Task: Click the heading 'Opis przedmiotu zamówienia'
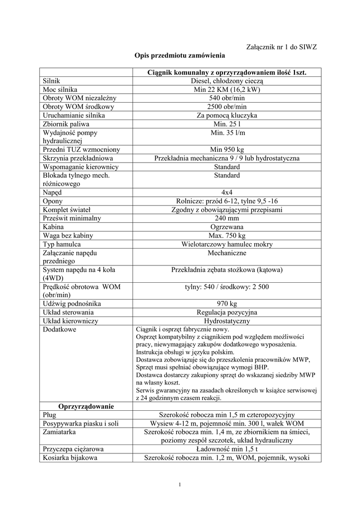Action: (x=180, y=56)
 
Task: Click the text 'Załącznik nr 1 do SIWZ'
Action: (x=282, y=47)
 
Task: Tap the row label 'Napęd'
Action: (x=52, y=192)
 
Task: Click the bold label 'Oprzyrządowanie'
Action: (x=86, y=406)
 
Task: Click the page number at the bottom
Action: (x=180, y=484)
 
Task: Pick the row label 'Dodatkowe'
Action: (x=60, y=329)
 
